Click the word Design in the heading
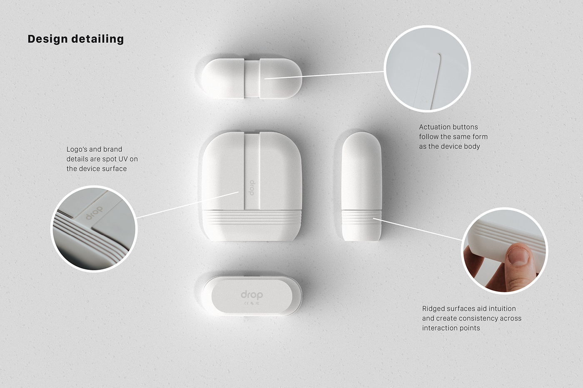click(47, 39)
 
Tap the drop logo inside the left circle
click(94, 213)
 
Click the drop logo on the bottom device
click(252, 295)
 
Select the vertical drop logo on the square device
click(252, 188)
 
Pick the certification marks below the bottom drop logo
click(252, 303)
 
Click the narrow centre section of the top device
click(252, 78)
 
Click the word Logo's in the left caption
click(77, 149)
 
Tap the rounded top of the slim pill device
click(361, 143)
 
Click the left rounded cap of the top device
click(222, 78)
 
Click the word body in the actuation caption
click(472, 146)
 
